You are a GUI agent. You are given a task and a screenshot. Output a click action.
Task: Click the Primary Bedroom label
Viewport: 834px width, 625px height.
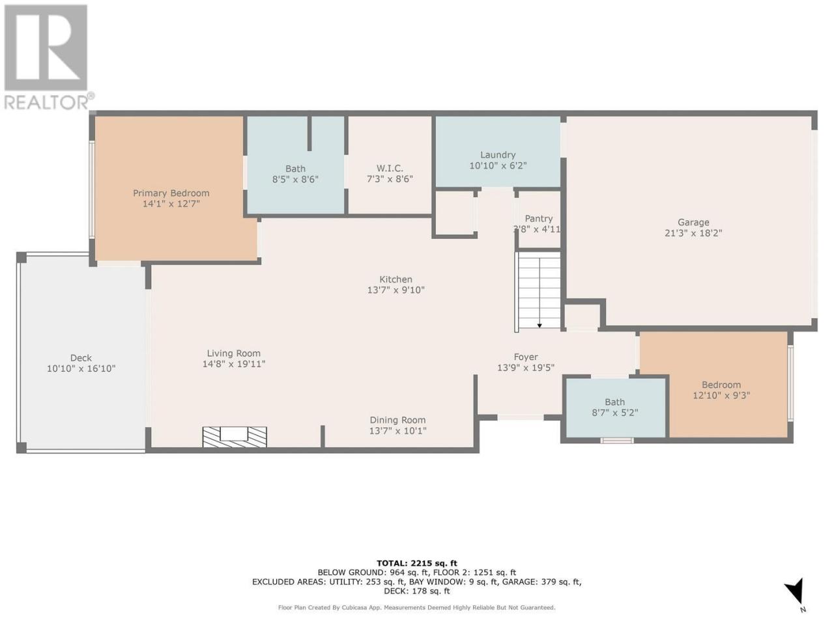point(171,193)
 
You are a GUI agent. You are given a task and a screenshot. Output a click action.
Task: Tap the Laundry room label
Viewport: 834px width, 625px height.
point(498,155)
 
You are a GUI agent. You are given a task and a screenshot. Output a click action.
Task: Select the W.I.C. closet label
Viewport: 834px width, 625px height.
point(390,168)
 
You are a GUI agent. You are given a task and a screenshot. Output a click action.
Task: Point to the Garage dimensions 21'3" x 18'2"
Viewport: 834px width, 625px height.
point(693,233)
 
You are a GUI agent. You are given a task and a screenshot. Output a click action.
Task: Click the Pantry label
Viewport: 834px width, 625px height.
point(539,219)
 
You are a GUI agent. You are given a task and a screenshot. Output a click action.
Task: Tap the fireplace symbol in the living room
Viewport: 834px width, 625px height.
point(235,437)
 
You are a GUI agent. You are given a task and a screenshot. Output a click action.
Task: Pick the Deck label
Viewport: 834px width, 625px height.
point(81,358)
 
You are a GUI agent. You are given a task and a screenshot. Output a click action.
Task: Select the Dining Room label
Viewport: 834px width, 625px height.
point(398,420)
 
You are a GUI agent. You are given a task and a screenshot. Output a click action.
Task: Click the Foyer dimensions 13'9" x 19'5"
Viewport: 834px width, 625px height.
point(526,368)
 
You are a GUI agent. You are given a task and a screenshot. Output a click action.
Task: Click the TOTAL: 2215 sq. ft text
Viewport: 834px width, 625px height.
point(417,563)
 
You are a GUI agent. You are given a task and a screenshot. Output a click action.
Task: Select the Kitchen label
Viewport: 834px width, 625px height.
point(395,279)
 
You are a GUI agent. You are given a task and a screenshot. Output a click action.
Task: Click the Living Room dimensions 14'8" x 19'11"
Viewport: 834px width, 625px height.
point(234,364)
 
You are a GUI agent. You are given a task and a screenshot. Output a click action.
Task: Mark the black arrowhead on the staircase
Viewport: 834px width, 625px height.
point(539,326)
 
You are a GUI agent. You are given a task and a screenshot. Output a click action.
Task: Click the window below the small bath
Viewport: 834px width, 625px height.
point(616,441)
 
